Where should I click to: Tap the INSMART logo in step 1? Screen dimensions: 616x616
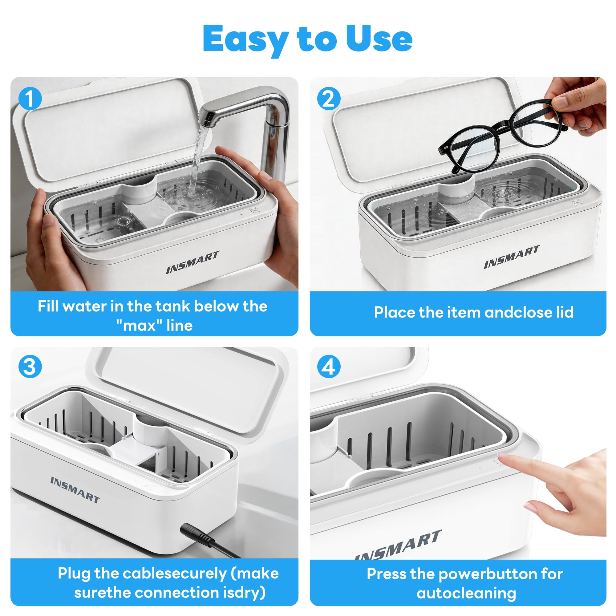192,262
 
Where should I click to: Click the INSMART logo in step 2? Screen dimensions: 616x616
512,257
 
